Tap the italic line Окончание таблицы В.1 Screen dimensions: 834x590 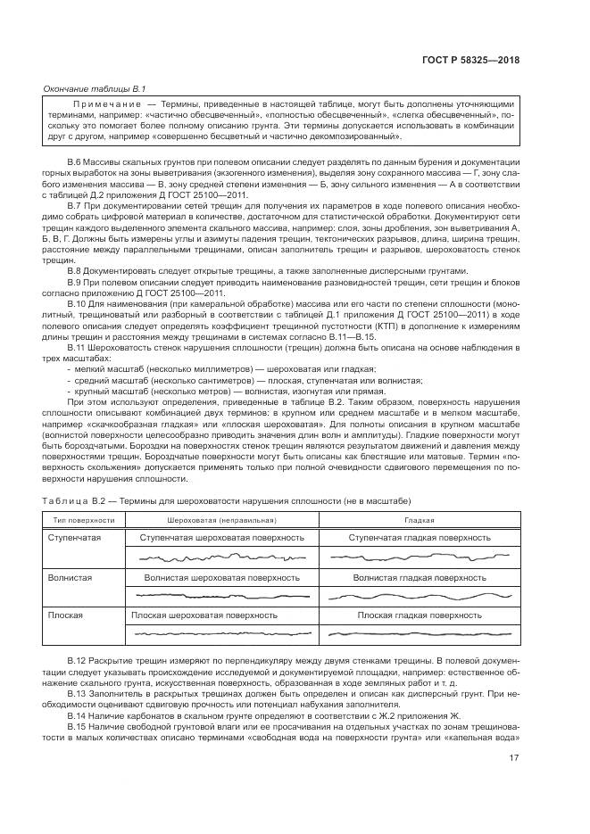pos(95,88)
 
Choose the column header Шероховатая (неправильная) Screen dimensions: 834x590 pos(221,519)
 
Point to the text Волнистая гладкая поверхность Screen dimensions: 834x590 pos(420,577)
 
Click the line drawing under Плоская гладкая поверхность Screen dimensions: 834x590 pos(420,633)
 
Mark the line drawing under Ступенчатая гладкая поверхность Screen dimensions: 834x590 pos(420,557)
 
